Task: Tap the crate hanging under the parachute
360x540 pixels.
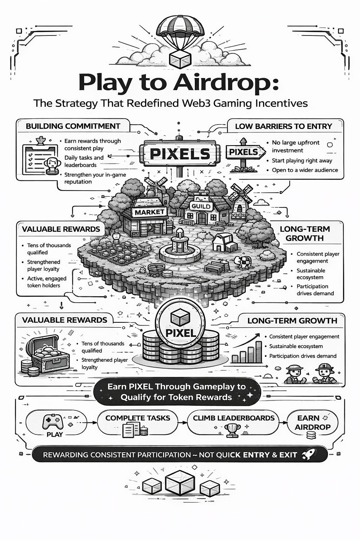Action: (x=180, y=59)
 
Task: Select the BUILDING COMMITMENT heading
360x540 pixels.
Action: (x=73, y=126)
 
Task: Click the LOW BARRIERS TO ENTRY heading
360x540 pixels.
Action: (x=283, y=126)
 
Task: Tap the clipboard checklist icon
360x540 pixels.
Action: (x=39, y=158)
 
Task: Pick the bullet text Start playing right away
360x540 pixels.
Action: (x=302, y=161)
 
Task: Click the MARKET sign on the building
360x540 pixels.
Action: (x=149, y=212)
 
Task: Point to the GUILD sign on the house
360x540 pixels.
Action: (x=201, y=206)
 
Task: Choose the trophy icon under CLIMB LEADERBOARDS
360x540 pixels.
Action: (x=232, y=429)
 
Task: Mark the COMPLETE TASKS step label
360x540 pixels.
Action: (x=137, y=418)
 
